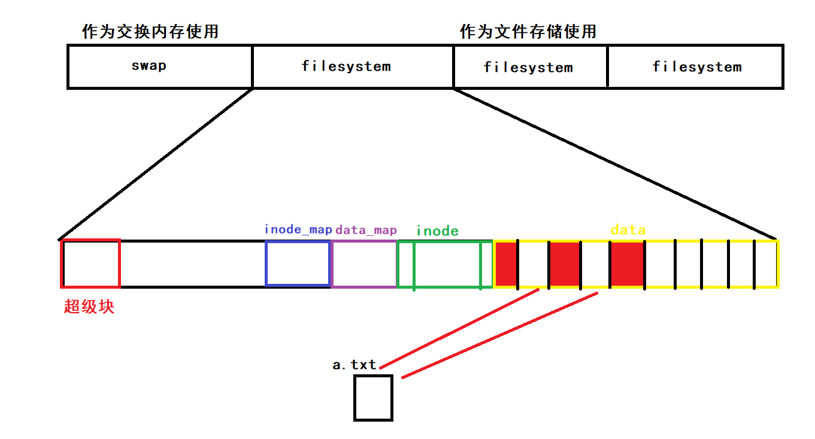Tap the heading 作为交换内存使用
150,32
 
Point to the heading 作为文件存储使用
528,32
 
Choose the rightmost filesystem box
696,66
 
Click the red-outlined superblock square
91,264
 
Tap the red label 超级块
89,307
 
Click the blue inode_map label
298,229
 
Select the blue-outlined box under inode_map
298,264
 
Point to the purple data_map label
366,230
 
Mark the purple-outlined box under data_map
363,264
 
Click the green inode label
437,231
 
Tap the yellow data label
628,229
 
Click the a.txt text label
355,365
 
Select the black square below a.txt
373,398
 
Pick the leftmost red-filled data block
506,264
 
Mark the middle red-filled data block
565,264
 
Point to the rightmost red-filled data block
627,264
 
